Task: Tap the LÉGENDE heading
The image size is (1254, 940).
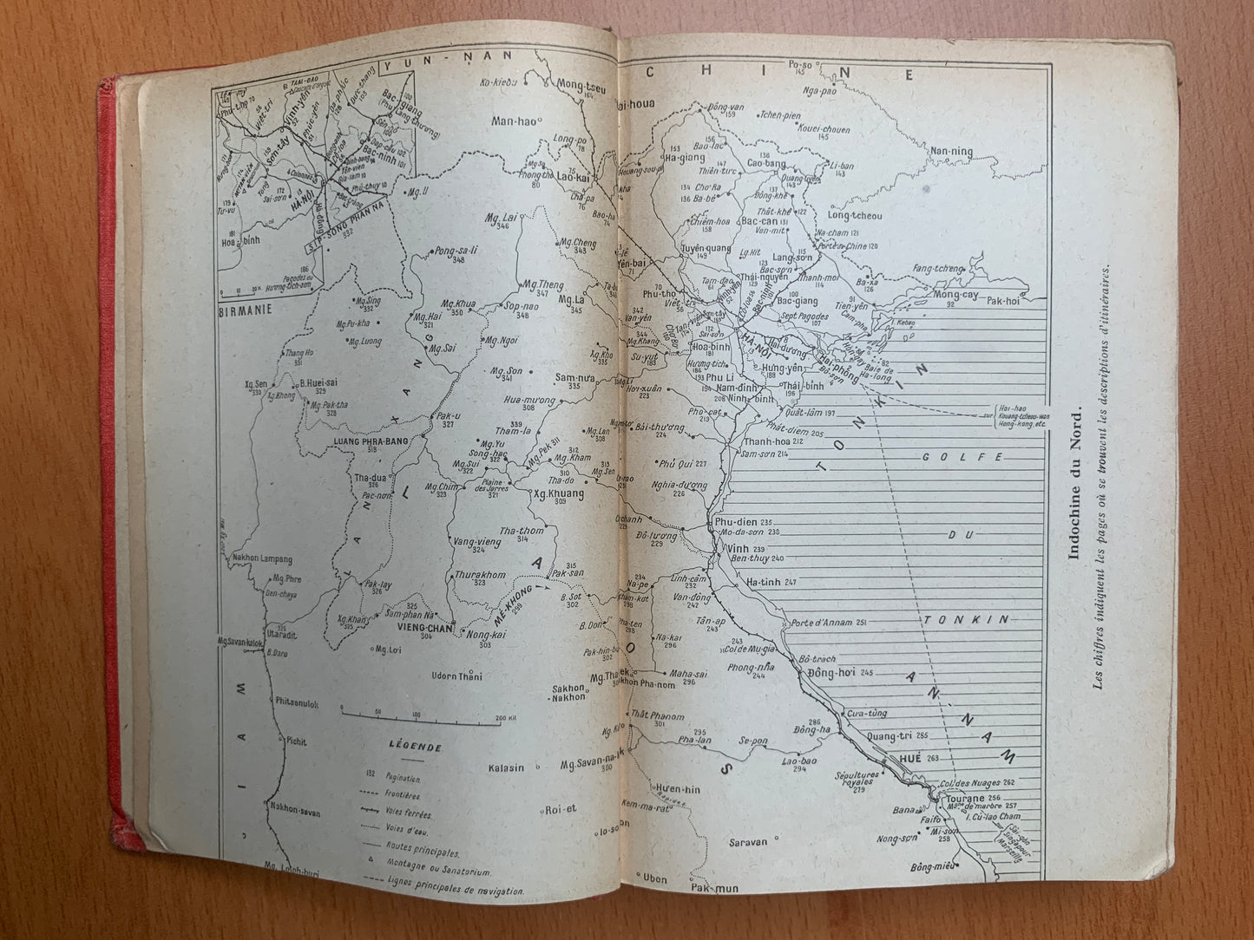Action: click(416, 747)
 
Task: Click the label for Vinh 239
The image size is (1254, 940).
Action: click(732, 549)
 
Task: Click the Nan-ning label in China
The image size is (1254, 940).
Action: click(951, 153)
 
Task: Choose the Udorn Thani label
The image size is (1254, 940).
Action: click(456, 676)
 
